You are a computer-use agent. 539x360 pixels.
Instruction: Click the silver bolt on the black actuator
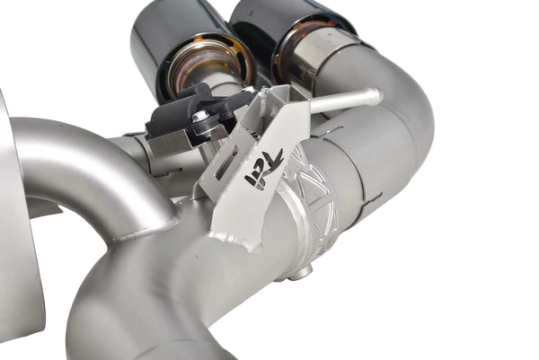coord(199,117)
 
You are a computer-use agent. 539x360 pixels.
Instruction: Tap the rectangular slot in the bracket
coord(226,164)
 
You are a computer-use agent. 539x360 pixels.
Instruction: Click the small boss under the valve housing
coord(304,268)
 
